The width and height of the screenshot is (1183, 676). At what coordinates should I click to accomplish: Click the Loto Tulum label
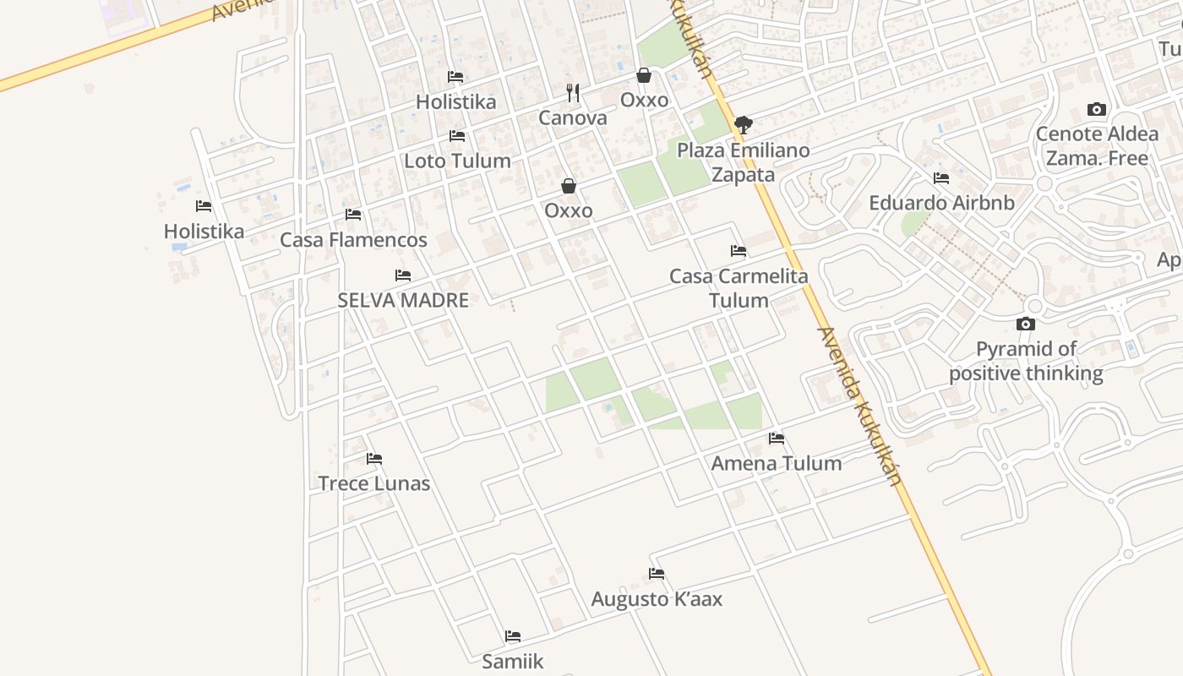(x=457, y=161)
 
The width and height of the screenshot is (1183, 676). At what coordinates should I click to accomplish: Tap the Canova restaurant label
(x=573, y=117)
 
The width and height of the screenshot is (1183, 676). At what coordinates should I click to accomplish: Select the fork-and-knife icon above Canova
(x=573, y=92)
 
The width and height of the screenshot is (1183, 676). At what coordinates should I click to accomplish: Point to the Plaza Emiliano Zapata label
(x=744, y=162)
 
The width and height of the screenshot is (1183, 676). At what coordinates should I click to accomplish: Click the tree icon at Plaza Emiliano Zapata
(x=744, y=126)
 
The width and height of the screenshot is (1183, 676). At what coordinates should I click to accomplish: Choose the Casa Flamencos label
(x=353, y=240)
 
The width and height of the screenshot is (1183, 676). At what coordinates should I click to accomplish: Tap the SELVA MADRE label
(x=403, y=300)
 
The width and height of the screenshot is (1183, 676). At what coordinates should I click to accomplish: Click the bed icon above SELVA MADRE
(x=403, y=275)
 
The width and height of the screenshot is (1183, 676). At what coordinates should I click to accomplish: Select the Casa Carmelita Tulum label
(x=739, y=288)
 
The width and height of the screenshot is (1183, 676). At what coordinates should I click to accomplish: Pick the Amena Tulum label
(x=777, y=463)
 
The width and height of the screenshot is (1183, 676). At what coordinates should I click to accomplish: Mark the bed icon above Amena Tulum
(x=777, y=439)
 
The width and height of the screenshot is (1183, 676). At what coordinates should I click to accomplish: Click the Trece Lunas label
(x=374, y=483)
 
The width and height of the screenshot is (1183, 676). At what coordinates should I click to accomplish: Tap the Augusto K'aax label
(x=657, y=599)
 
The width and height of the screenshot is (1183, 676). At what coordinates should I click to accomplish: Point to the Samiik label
(x=513, y=661)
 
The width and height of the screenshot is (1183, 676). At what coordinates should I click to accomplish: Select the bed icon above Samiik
(x=513, y=636)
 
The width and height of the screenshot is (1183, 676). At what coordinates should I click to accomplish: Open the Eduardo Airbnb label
(x=941, y=203)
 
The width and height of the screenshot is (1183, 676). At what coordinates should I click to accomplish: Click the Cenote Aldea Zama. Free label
(x=1097, y=146)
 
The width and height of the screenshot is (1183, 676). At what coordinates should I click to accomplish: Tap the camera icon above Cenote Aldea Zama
(x=1097, y=110)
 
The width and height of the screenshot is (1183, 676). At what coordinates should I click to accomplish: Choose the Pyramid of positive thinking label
(x=1026, y=361)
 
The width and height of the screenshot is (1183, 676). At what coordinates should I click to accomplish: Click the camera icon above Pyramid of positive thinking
(x=1026, y=324)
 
